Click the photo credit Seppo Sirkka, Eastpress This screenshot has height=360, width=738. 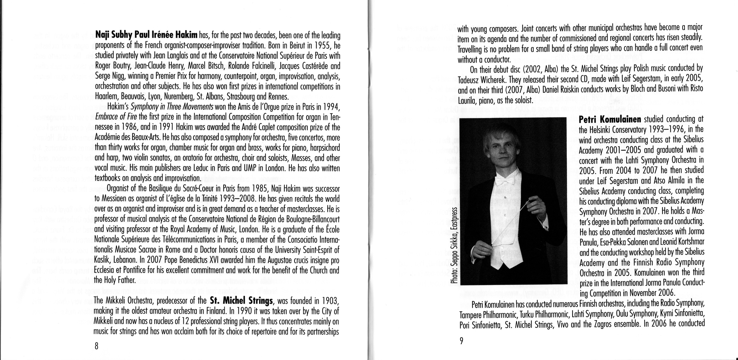pos(453,242)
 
